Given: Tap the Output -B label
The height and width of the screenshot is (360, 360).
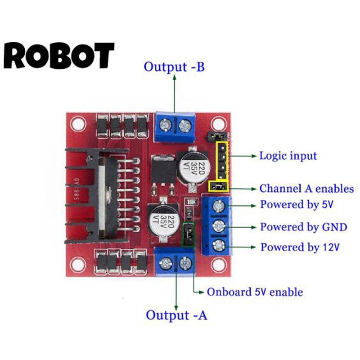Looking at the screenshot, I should tap(174, 67).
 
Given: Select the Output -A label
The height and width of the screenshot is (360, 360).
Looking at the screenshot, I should tap(176, 315).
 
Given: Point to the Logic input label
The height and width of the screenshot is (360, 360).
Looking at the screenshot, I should tap(288, 156).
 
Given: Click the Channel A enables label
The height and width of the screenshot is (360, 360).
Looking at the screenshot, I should tap(306, 189).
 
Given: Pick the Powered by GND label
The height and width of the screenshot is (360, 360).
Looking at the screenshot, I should tap(303, 227).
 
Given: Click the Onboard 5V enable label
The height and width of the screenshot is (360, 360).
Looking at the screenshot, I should tap(255, 292).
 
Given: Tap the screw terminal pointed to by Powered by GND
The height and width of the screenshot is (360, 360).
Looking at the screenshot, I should tap(219, 226).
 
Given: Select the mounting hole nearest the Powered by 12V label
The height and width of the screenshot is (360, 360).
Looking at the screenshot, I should tap(219, 263).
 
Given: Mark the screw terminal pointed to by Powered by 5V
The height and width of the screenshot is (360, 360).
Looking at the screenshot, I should tap(219, 207).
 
